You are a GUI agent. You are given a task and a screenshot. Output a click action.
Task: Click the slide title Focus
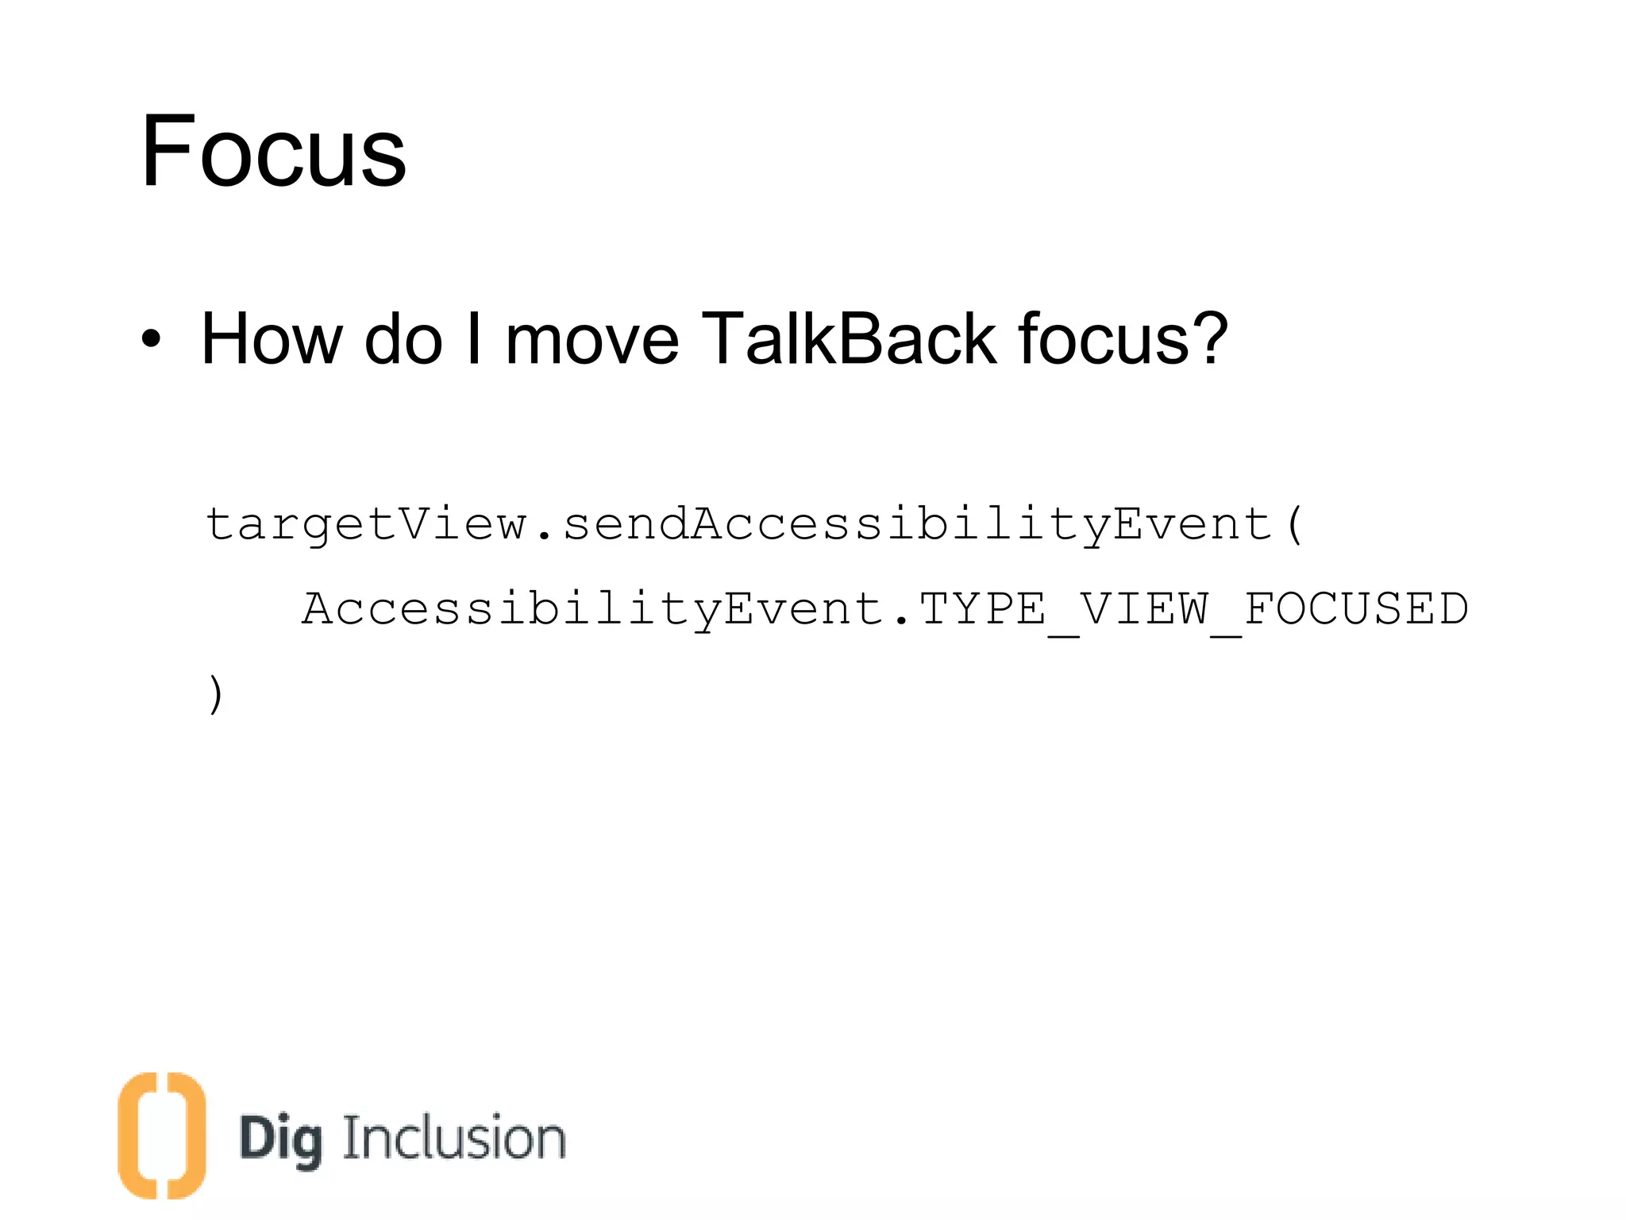point(273,151)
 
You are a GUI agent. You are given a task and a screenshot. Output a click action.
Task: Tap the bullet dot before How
point(151,340)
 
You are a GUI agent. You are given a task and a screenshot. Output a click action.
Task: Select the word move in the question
point(591,340)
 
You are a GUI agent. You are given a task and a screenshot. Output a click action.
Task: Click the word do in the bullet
point(403,340)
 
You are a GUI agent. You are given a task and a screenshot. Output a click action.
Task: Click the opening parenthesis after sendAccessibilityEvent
point(1294,525)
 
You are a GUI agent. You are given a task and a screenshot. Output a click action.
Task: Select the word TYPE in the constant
point(982,610)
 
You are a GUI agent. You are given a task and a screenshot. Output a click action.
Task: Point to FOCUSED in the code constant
point(1356,610)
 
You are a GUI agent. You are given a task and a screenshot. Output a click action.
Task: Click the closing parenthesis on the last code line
point(215,694)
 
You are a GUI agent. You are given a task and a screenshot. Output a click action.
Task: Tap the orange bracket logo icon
point(162,1135)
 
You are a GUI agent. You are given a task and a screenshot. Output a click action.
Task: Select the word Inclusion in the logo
point(454,1138)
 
